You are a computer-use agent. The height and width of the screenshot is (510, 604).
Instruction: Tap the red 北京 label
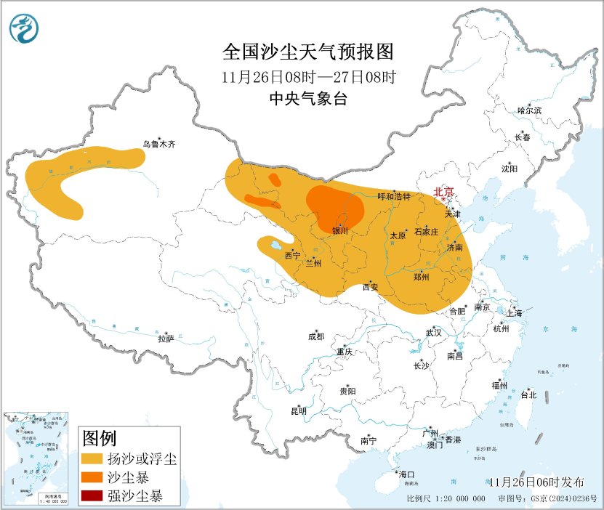[x=443, y=192]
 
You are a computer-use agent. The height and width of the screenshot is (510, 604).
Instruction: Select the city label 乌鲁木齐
[x=158, y=145]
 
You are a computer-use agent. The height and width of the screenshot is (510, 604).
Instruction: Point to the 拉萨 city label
[x=166, y=338]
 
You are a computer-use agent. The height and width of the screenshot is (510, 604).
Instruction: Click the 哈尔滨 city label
[x=529, y=110]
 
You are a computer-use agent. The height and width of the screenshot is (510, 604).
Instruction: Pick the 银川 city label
[x=340, y=231]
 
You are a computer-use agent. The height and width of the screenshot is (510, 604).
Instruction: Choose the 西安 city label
[x=370, y=287]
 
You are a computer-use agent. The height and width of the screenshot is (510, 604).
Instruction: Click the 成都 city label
[x=316, y=336]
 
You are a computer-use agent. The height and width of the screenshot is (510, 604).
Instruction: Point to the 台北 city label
[x=528, y=395]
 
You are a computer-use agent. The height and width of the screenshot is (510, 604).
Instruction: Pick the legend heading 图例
[x=100, y=438]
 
